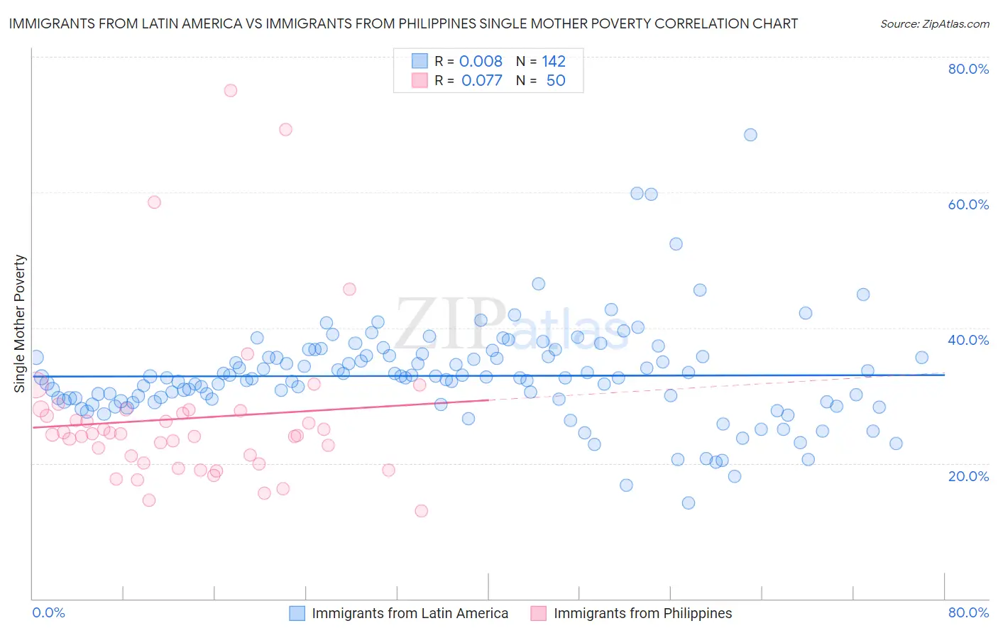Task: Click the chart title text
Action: pos(403,23)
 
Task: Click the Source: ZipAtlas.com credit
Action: pos(934,23)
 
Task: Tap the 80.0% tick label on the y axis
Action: pos(968,69)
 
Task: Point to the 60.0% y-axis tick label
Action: pos(968,204)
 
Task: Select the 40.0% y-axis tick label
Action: pos(968,340)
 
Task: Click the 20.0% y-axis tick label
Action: pos(968,476)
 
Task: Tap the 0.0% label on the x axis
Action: pos(49,612)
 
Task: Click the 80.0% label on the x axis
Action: pos(968,612)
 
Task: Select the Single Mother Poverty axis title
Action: pos(20,324)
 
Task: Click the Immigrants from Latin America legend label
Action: pos(410,613)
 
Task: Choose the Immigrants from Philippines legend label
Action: pos(642,613)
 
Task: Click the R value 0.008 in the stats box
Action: pos(481,62)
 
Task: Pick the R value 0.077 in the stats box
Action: pos(481,81)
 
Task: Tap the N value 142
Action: pos(554,62)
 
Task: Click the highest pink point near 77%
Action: pos(231,90)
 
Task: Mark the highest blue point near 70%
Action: pos(750,135)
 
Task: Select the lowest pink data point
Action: pos(421,511)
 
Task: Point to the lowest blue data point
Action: pos(688,503)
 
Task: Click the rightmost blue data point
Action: pos(921,358)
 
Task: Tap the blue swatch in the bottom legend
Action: pos(297,613)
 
